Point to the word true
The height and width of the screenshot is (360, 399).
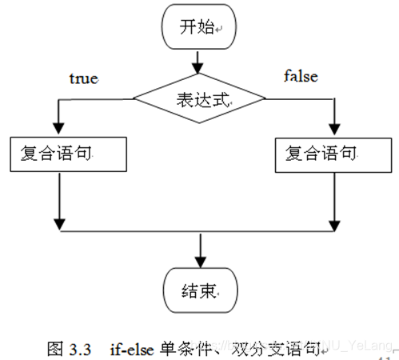pyautogui.click(x=84, y=79)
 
